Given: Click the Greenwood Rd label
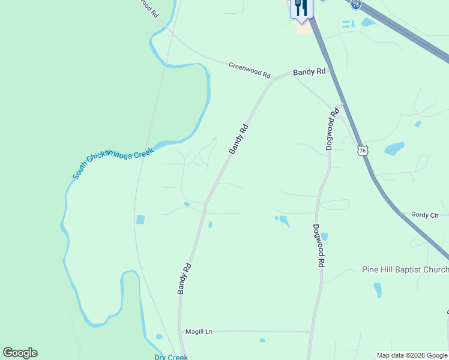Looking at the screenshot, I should [249, 70].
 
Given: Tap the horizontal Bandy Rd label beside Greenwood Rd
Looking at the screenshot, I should [309, 71].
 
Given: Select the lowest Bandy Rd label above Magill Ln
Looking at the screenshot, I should [184, 278].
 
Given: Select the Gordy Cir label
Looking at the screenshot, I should [425, 215].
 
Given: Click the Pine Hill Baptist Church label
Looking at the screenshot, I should [405, 269].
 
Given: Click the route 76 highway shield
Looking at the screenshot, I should [361, 150].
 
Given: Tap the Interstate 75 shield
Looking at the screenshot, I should [357, 4].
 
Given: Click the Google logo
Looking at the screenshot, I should [20, 353].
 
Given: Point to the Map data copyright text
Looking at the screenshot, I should [412, 355].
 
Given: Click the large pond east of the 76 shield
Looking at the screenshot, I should [394, 148].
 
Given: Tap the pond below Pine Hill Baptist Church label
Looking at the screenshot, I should [378, 290].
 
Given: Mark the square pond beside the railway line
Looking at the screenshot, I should [140, 220].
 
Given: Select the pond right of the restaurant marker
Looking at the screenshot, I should [367, 23].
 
